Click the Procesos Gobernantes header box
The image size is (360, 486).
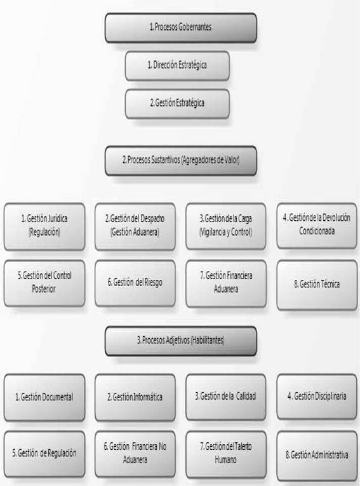point(181,27)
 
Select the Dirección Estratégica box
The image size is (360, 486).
point(177,66)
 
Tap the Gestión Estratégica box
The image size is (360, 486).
point(177,104)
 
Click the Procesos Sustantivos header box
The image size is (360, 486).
point(181,161)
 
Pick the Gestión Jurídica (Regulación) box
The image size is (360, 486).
point(44,227)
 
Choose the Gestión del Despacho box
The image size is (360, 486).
point(135,227)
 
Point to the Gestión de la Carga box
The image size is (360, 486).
point(226,226)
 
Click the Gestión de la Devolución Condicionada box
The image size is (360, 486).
point(317,226)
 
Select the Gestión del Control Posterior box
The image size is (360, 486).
point(44,283)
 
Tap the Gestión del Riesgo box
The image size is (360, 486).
point(135,283)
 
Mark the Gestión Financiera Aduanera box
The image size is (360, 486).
point(226,284)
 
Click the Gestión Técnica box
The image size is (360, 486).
point(317,284)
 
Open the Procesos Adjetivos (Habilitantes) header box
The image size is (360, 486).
point(181,341)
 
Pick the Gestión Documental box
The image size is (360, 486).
point(44,397)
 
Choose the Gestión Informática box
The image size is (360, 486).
point(135,397)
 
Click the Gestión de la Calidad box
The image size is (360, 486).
point(226,397)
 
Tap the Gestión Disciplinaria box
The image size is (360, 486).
point(317,397)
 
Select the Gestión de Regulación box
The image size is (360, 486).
point(44,454)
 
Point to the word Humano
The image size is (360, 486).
point(225,459)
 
